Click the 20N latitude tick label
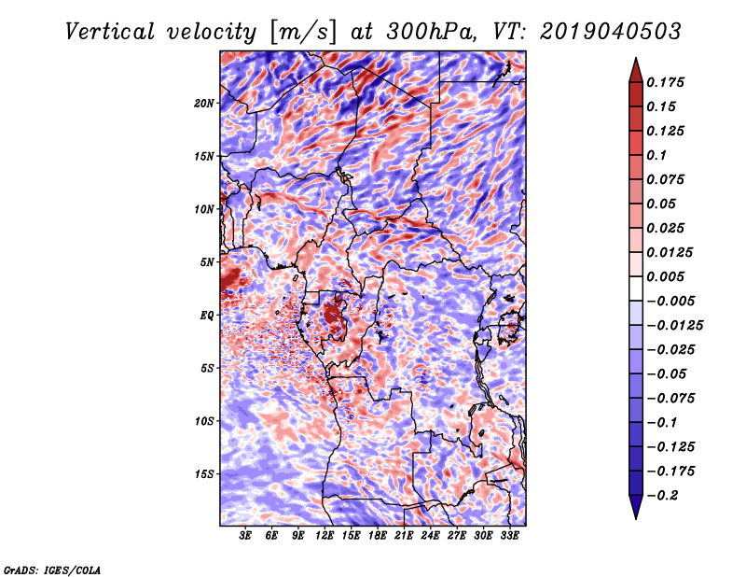[203, 104]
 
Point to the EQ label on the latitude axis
[207, 316]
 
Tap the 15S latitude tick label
[203, 474]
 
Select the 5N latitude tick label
[207, 262]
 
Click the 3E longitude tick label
[245, 536]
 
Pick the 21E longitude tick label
[404, 536]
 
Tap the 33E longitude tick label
[509, 536]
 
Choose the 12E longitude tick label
[325, 536]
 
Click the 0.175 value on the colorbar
[665, 82]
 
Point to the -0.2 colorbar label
[662, 496]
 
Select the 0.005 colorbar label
[665, 276]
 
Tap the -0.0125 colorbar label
[674, 326]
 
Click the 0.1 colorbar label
[656, 155]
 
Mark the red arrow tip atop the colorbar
[636, 58]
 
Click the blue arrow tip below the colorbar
[636, 518]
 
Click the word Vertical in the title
[110, 32]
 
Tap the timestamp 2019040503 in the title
[611, 32]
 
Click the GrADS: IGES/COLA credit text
[52, 570]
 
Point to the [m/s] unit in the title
[303, 33]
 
